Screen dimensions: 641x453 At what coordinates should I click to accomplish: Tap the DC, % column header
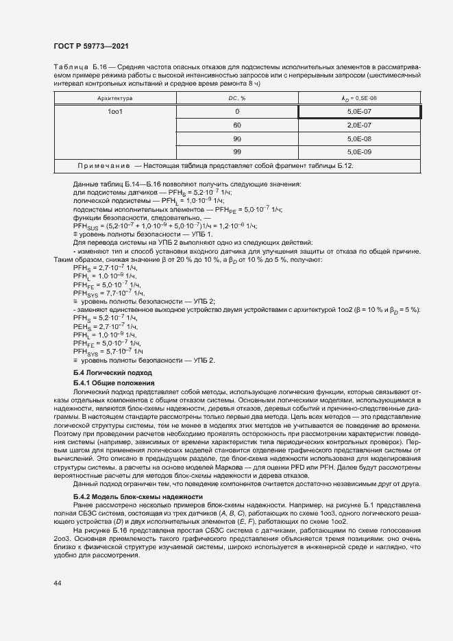(x=237, y=98)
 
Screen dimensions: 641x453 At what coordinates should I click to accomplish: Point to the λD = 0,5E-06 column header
(x=359, y=98)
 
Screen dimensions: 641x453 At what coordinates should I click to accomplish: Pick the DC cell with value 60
(x=237, y=125)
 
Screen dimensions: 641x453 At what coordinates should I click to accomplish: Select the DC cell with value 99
(x=237, y=152)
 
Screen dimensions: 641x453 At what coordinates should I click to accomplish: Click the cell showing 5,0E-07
(x=359, y=111)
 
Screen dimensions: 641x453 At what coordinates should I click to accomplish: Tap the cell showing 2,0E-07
(x=359, y=125)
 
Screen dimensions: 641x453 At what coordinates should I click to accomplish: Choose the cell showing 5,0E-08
(x=359, y=138)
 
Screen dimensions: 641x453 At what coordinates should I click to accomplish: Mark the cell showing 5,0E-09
(x=359, y=152)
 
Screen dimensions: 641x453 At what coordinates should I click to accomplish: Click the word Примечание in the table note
(x=103, y=167)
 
